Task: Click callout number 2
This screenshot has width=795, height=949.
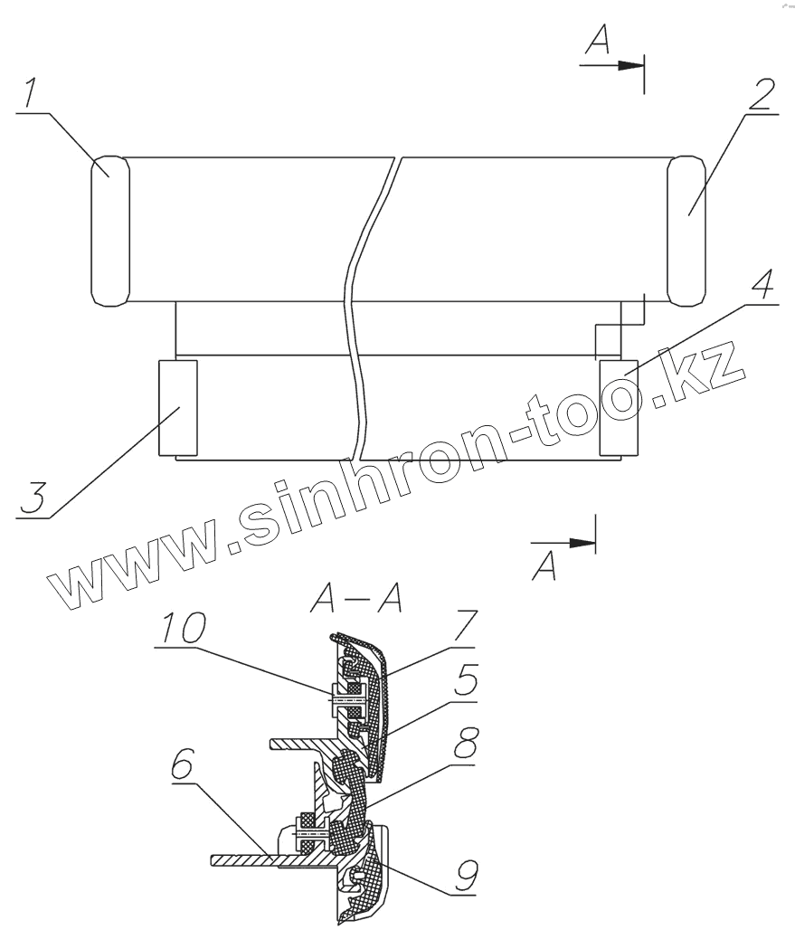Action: tap(762, 95)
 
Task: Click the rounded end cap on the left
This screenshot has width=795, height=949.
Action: tap(110, 230)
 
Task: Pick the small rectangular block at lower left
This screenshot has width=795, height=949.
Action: tap(177, 406)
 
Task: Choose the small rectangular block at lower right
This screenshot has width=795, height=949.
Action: tap(618, 406)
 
